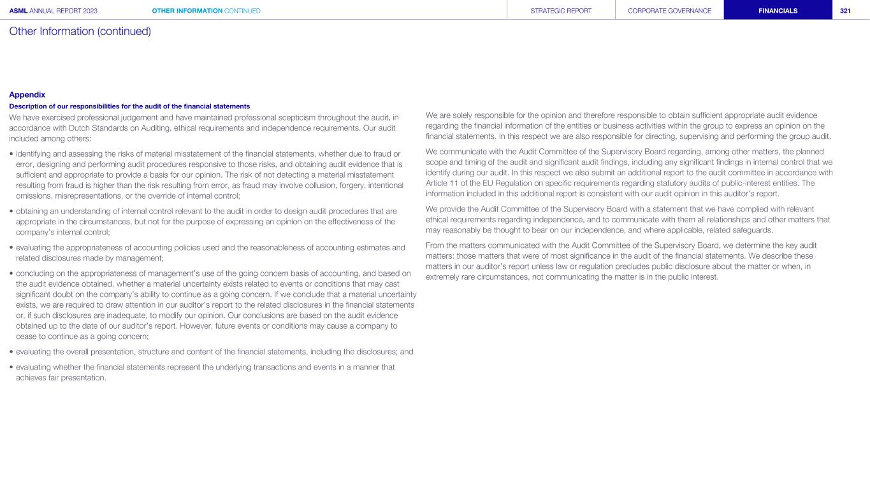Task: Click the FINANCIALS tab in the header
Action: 778,11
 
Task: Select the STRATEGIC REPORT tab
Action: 561,11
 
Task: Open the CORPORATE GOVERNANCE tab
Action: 669,11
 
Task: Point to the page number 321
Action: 845,11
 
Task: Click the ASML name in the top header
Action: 19,11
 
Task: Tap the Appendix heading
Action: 27,95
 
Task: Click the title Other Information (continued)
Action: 80,31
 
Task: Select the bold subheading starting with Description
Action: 129,106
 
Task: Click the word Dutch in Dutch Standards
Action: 79,128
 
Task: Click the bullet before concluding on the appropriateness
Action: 11,273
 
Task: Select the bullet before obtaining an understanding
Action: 11,211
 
